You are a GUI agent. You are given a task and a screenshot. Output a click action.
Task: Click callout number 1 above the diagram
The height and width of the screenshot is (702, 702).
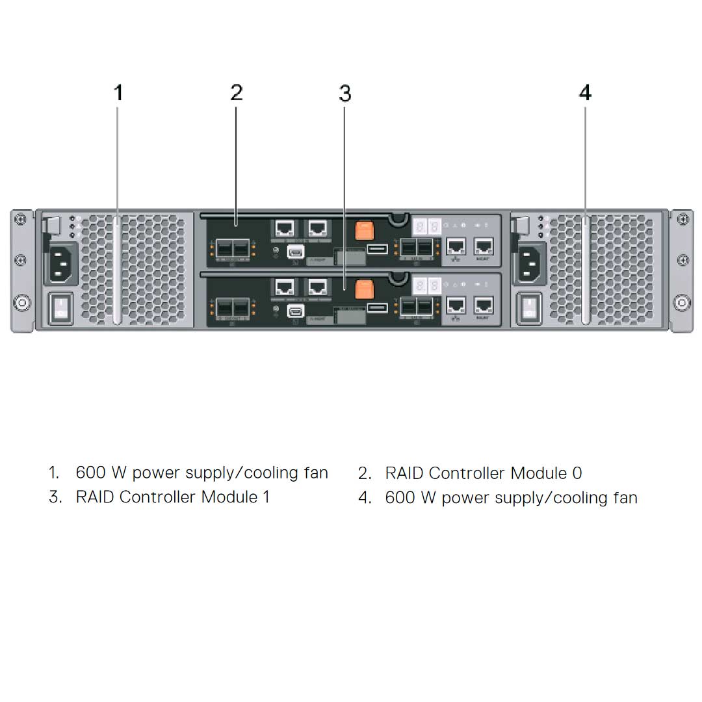click(118, 93)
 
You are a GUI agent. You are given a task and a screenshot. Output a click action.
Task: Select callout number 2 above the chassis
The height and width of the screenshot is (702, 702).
click(237, 93)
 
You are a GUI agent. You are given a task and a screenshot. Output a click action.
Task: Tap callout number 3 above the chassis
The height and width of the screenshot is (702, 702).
click(344, 94)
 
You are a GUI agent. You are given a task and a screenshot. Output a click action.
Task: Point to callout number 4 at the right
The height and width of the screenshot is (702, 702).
click(585, 93)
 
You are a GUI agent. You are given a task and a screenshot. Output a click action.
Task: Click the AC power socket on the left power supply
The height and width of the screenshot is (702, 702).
click(62, 263)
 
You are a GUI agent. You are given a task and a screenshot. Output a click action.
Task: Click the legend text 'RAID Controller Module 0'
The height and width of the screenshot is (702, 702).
click(483, 473)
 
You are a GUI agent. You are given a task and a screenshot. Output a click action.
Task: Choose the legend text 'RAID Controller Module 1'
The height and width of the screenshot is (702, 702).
click(172, 497)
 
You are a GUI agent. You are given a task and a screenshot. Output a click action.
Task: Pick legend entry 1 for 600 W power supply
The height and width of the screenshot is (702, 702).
click(201, 473)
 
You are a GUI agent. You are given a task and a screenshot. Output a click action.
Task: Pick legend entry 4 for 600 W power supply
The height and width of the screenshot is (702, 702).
click(511, 498)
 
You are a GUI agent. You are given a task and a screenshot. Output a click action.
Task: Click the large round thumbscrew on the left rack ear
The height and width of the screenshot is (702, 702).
click(21, 303)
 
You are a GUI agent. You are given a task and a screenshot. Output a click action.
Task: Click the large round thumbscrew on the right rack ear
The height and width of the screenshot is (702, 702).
click(682, 303)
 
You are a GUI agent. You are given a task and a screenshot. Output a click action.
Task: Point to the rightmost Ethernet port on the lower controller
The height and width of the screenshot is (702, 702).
click(484, 305)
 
